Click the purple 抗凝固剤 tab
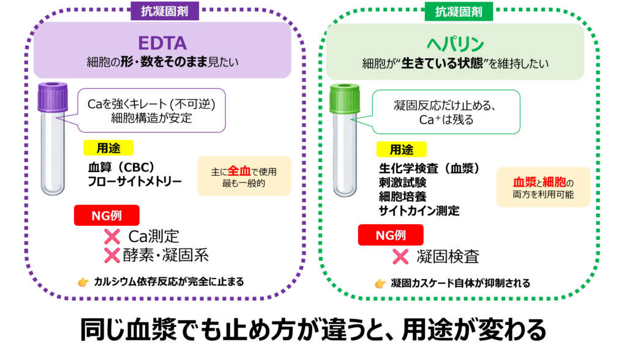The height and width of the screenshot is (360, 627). click(165, 10)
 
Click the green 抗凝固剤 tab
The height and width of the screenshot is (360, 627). click(459, 11)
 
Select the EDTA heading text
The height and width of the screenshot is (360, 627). click(162, 43)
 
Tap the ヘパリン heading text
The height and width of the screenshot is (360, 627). click(455, 44)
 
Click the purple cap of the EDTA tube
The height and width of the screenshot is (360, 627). click(52, 97)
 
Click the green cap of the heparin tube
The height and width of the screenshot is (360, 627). click(344, 98)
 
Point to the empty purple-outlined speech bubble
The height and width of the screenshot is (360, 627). click(151, 110)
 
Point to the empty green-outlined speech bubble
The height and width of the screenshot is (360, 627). click(446, 112)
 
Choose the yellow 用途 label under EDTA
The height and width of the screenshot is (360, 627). click(108, 148)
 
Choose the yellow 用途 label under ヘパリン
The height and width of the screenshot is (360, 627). click(401, 149)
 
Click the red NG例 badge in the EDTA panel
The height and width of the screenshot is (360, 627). click(107, 216)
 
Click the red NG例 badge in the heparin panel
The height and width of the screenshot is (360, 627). click(390, 234)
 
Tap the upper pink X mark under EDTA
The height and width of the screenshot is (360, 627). click(112, 236)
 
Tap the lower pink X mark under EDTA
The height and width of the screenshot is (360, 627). click(112, 255)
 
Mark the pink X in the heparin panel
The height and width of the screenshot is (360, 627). click(400, 257)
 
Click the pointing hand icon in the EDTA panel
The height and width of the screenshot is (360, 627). click(83, 282)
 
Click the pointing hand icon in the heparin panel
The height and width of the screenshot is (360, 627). click(380, 283)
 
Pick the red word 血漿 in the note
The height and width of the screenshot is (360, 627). click(524, 182)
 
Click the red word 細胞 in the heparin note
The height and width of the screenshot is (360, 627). click(555, 182)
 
